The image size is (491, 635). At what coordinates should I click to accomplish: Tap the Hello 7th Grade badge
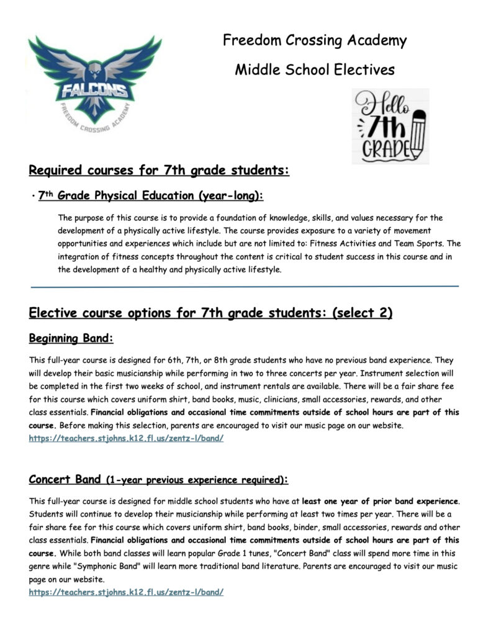tap(390, 126)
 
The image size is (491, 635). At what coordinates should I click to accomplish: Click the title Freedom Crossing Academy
tap(315, 42)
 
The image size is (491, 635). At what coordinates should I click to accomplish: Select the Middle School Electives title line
tap(315, 69)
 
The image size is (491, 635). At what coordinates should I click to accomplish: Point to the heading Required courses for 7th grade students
tap(160, 169)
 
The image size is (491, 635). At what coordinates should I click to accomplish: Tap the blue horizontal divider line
tap(245, 286)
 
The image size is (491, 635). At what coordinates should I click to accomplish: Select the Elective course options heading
tap(210, 313)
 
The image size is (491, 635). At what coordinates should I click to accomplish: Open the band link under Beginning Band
tap(126, 438)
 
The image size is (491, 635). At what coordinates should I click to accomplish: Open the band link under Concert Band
tap(126, 592)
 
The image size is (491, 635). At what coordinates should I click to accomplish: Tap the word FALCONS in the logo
tap(94, 92)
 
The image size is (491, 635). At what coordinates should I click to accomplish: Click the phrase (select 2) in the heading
tap(363, 313)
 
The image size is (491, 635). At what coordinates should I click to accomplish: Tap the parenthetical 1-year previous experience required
tap(196, 480)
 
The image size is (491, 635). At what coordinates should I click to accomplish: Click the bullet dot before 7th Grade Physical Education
tap(31, 197)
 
